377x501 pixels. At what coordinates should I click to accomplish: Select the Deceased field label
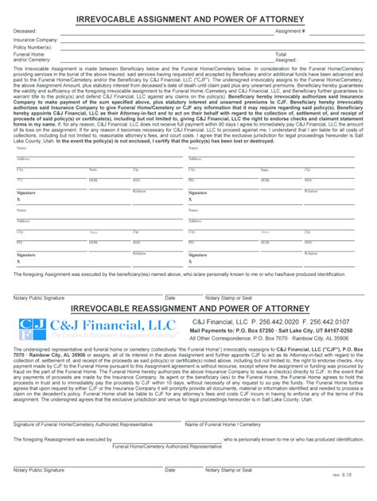(x=25, y=31)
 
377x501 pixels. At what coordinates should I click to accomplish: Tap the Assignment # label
(x=290, y=31)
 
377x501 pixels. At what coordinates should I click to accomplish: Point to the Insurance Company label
(x=35, y=39)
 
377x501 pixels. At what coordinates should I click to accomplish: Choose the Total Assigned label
(x=286, y=57)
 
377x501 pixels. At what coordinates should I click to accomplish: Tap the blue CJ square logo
(x=33, y=328)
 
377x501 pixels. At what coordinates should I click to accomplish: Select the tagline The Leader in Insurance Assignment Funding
(x=112, y=336)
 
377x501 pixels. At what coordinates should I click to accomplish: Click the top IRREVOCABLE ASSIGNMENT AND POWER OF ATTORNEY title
(x=188, y=17)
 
